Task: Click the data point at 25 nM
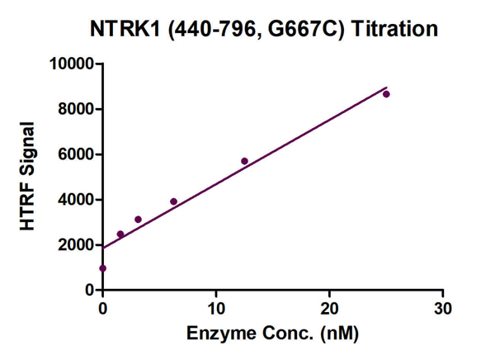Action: pos(386,94)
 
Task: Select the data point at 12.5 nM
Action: pos(244,161)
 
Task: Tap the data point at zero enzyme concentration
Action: pos(102,268)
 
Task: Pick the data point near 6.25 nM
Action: pos(173,201)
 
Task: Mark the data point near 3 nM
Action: pos(138,220)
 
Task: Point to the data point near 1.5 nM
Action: pos(120,234)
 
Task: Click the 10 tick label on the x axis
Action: pos(216,309)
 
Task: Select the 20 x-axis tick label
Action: pos(329,309)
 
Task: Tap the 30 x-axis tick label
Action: pos(443,309)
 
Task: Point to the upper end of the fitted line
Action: pos(386,87)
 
